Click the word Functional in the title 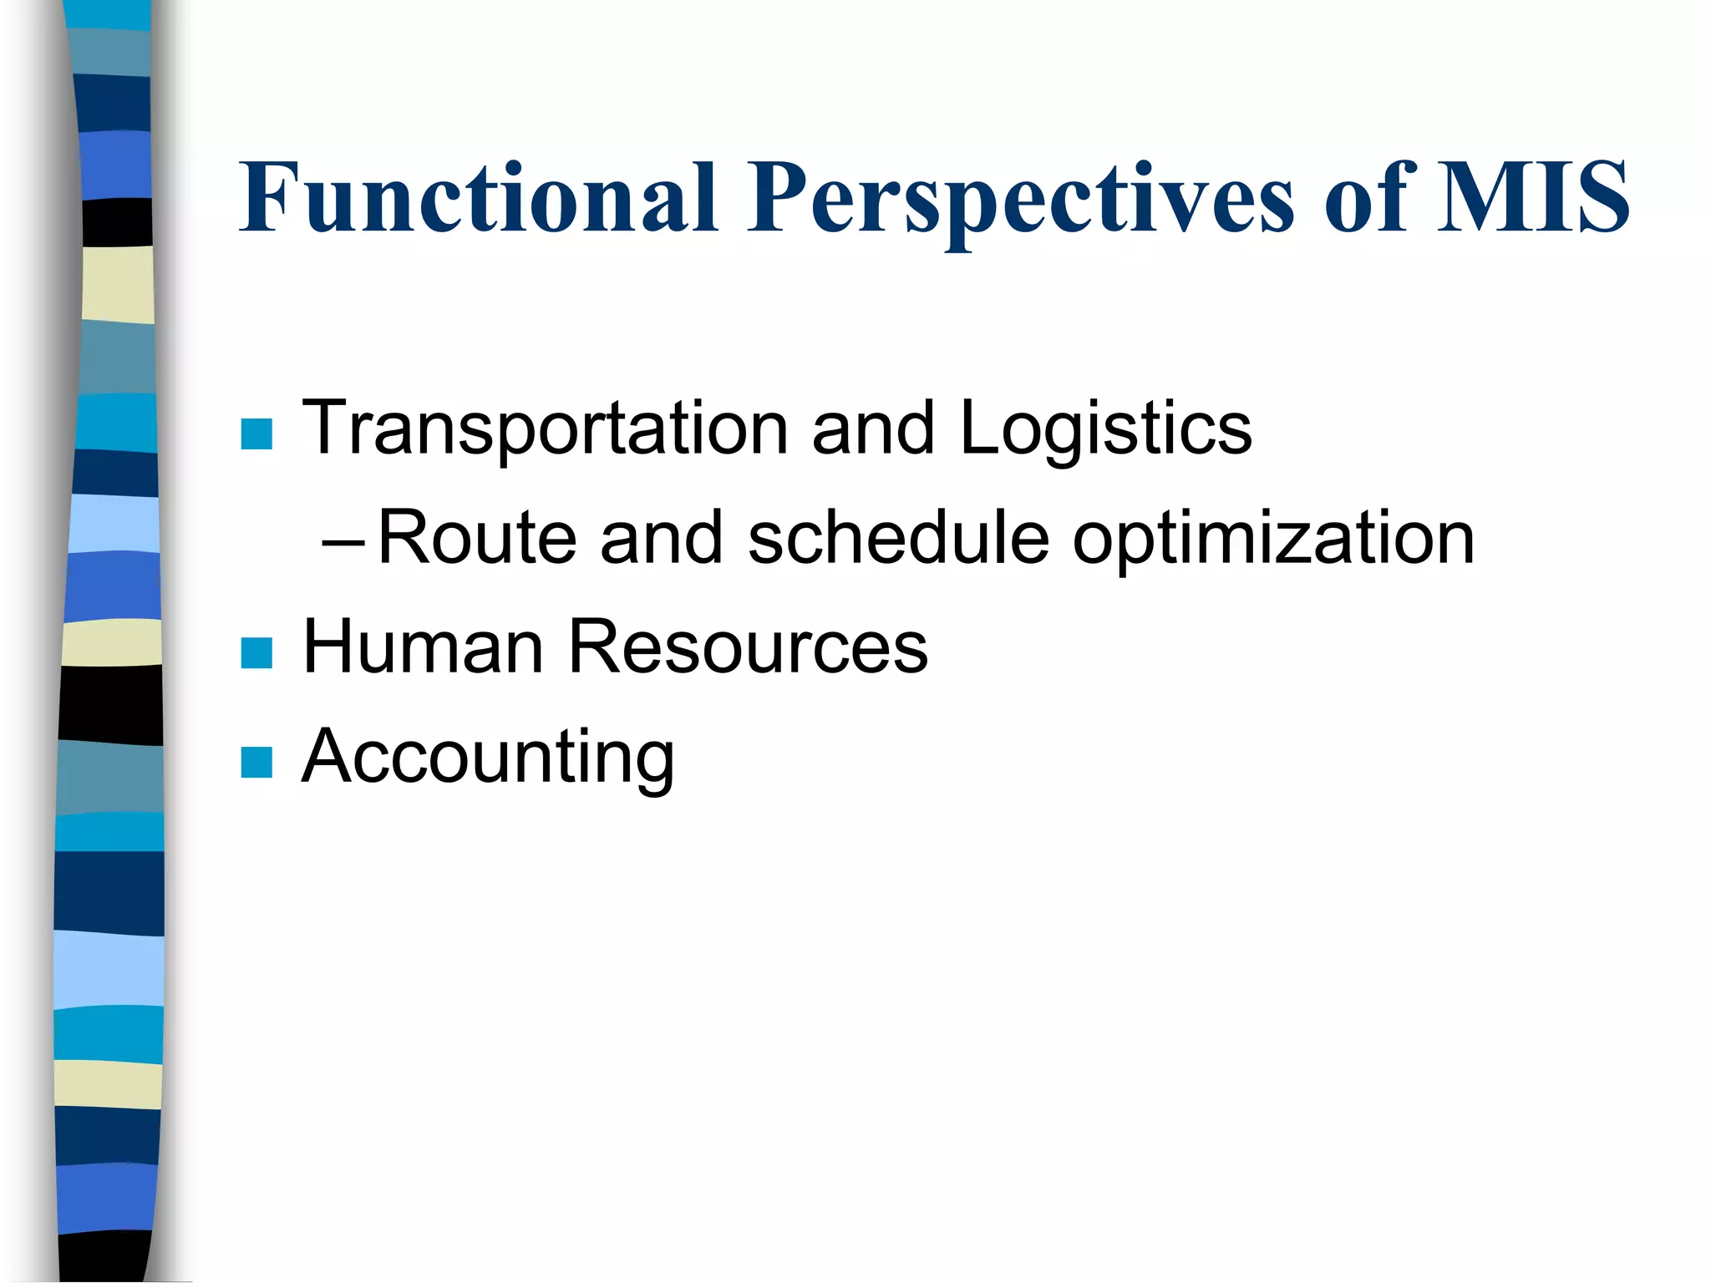[x=478, y=197]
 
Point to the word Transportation [x=545, y=429]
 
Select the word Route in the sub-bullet [x=477, y=538]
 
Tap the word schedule [x=898, y=538]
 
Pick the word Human [x=423, y=647]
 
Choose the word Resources [x=748, y=647]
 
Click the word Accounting [x=488, y=758]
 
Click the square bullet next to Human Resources [x=256, y=653]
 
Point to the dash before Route [x=343, y=544]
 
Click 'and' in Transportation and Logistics [x=873, y=429]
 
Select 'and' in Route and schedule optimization [x=661, y=538]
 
